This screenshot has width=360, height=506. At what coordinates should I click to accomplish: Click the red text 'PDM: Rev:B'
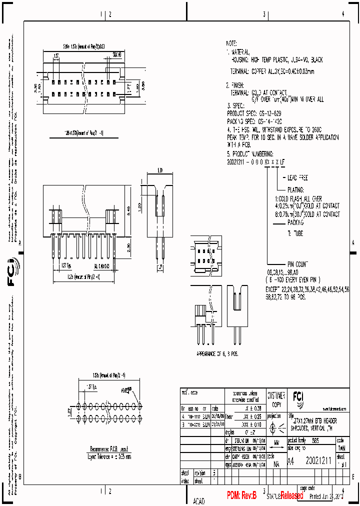(241, 495)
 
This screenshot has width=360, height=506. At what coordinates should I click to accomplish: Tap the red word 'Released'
(291, 495)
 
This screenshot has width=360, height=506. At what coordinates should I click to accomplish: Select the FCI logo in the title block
(297, 396)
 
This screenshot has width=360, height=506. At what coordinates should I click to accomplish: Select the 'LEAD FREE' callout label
(297, 177)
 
